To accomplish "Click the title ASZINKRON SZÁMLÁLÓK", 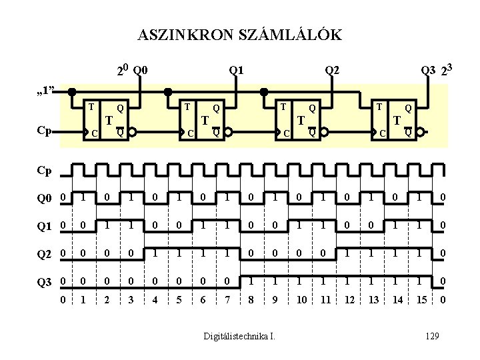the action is tap(239, 35).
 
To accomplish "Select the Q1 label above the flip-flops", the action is tap(236, 69).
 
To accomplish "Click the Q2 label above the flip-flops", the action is tap(331, 69).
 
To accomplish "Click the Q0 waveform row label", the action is tap(45, 198).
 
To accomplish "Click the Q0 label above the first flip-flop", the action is tap(141, 69).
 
